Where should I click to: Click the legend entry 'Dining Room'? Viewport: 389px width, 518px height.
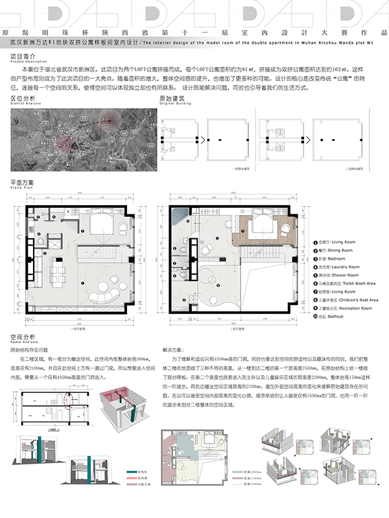tap(330, 249)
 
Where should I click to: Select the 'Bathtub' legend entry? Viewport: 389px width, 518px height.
tap(328, 317)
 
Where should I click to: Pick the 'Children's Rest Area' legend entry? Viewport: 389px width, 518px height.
tap(340, 300)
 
